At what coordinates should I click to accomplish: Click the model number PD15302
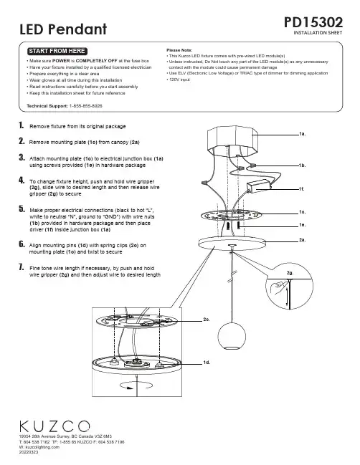pos(313,22)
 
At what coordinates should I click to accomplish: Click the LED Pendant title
pos(63,29)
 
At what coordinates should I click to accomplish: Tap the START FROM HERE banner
pos(57,51)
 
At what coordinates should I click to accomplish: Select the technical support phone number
pos(86,106)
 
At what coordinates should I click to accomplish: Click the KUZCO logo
pos(55,426)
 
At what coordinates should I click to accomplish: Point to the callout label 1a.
pos(302,134)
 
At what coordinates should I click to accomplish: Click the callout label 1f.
pos(302,189)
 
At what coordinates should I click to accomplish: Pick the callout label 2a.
pos(303,240)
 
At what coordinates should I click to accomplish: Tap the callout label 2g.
pos(290,273)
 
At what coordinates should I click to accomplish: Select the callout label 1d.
pos(207,363)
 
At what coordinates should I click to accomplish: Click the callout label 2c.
pos(207,320)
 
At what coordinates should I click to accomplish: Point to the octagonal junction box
pos(232,141)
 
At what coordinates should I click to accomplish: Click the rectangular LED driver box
pos(258,186)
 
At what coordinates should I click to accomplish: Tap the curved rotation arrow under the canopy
pos(136,385)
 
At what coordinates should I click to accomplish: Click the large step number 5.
pos(22,209)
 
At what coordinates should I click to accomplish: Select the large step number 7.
pos(22,267)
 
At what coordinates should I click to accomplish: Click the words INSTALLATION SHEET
pos(318,33)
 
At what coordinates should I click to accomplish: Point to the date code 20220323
pos(29,452)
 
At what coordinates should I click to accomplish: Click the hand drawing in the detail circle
pos(278,289)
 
